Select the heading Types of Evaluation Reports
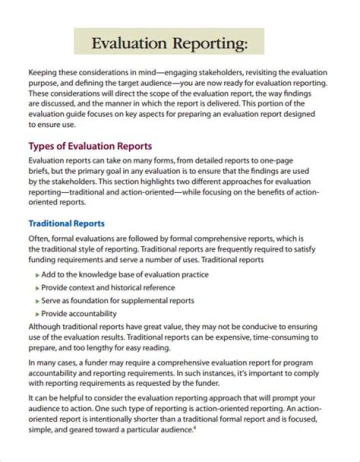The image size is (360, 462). (90, 146)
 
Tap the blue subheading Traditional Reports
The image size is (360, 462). (66, 223)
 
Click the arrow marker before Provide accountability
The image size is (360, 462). (37, 314)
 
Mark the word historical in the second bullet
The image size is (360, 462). (128, 288)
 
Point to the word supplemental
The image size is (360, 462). (145, 301)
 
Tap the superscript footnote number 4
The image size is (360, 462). (193, 427)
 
